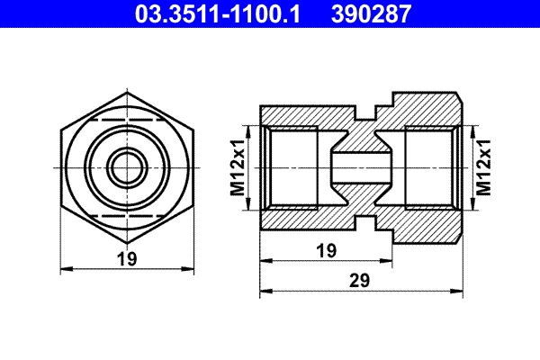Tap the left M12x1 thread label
[x=238, y=167]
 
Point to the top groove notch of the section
[x=364, y=116]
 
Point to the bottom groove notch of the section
[x=364, y=220]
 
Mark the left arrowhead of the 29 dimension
[x=264, y=292]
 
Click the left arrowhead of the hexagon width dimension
[x=64, y=267]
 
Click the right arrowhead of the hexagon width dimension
[x=190, y=267]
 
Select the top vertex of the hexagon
[x=127, y=92]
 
